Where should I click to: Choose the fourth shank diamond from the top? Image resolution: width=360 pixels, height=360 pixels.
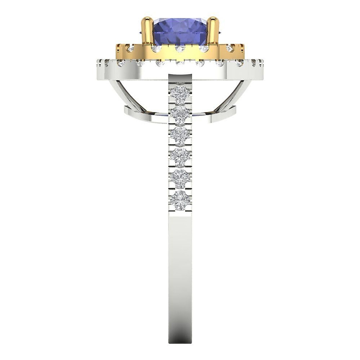(x=180, y=156)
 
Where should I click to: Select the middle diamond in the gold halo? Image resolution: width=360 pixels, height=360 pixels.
(x=179, y=49)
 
